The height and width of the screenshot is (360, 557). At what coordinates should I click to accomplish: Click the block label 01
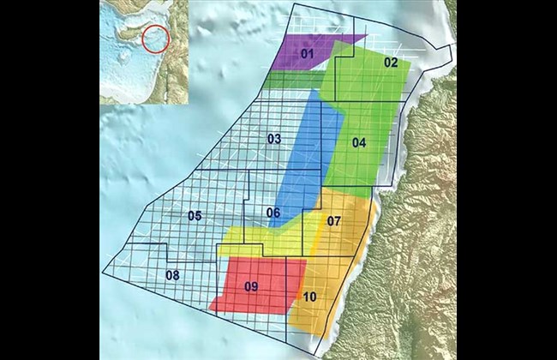pos(308,55)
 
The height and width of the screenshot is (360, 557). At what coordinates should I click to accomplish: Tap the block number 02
pos(391,63)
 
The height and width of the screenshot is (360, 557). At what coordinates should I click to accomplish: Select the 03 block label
pos(274,139)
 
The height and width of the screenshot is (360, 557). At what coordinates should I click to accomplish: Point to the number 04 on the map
pos(358,142)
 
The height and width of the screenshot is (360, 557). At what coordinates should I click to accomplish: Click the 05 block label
pos(195,215)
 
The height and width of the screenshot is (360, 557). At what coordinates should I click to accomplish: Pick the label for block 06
pos(273,213)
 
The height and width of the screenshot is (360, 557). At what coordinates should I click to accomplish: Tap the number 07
pos(334,221)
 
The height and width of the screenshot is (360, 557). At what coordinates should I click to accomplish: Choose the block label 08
pos(172,275)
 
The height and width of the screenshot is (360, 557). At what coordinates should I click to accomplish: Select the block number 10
pos(310,297)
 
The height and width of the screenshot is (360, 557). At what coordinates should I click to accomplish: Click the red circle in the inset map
pos(155,38)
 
